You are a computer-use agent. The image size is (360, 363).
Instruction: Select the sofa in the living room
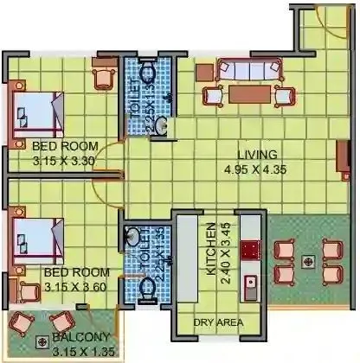(248, 69)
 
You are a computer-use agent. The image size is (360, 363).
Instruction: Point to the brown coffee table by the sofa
(248, 92)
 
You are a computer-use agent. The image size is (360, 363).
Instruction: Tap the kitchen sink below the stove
(251, 282)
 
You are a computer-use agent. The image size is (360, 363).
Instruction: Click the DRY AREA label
(218, 323)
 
